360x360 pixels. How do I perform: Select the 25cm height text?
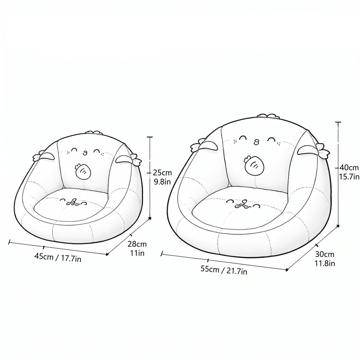(162, 173)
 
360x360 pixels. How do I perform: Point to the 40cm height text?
(349, 168)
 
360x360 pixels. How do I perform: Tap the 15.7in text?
(349, 177)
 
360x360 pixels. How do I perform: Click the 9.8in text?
(162, 182)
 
